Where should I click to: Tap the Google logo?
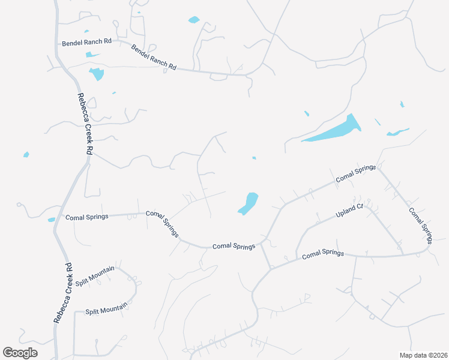(x=20, y=353)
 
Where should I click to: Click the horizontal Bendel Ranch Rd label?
(x=87, y=43)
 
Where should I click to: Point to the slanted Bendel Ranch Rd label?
(x=154, y=58)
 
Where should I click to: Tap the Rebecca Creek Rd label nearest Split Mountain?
(x=62, y=293)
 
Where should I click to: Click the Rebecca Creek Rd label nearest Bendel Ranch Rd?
(x=85, y=125)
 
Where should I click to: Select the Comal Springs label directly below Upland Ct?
(x=322, y=254)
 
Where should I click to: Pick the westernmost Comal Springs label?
(x=87, y=217)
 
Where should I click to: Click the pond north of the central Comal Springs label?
(x=249, y=203)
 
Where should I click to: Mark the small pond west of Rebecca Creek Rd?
(x=26, y=155)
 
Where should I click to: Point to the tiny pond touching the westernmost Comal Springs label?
(x=51, y=220)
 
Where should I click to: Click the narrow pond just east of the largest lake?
(x=397, y=132)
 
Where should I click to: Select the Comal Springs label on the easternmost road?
(x=420, y=226)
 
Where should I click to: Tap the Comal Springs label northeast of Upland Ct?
(x=355, y=173)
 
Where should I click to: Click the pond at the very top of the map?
(x=193, y=20)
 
